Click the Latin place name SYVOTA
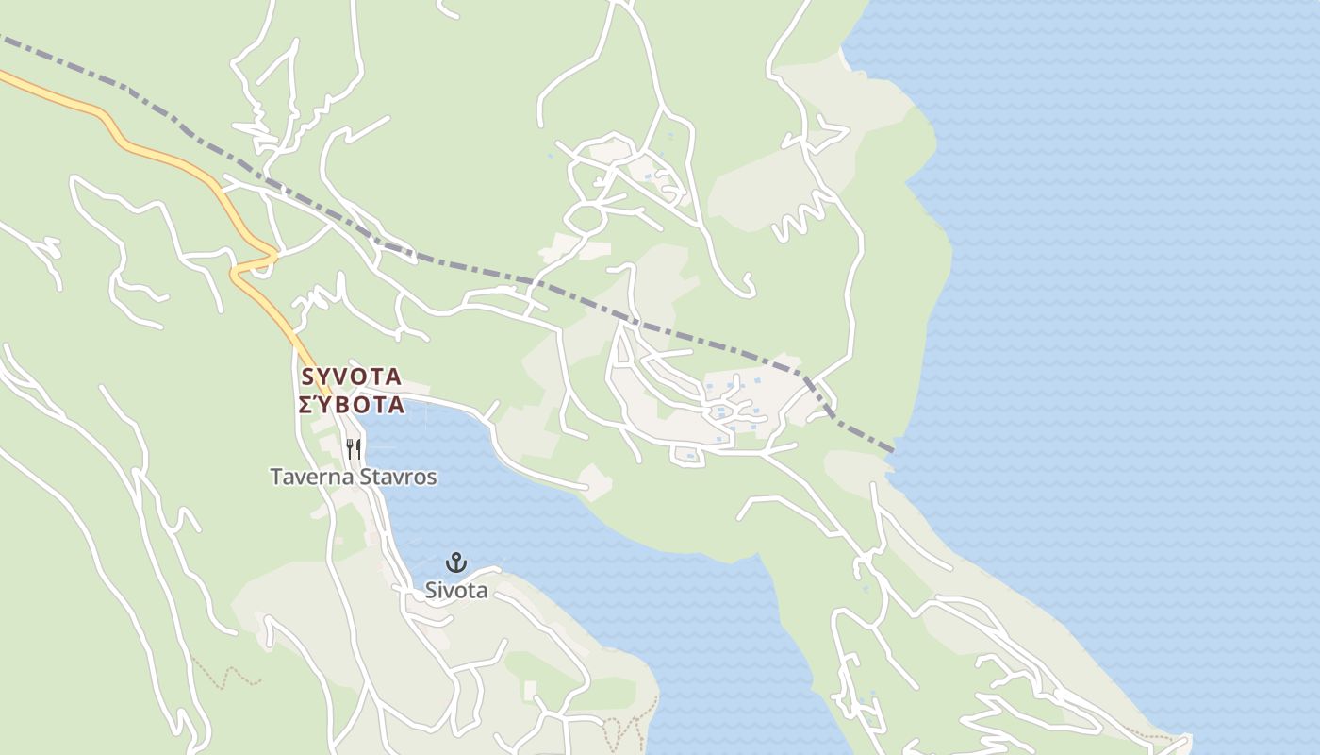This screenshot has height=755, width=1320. point(352,377)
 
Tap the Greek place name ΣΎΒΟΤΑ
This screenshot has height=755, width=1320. point(352,406)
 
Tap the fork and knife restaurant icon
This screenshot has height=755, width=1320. point(354,448)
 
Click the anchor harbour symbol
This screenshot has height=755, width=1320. point(456,562)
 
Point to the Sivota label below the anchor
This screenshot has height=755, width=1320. point(456,591)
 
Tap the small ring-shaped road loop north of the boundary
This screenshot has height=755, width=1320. point(586,218)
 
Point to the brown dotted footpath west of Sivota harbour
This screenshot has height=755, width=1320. point(226,676)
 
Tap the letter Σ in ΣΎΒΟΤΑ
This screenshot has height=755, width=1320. point(306,406)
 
